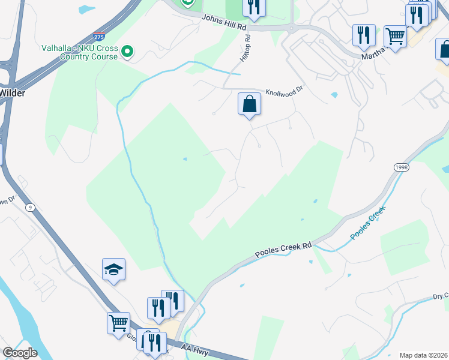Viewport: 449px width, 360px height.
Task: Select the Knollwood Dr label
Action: (286, 89)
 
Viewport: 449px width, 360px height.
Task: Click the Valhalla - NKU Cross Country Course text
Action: (79, 52)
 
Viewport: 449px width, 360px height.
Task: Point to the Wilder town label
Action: (11, 93)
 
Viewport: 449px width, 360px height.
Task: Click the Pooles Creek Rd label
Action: (283, 250)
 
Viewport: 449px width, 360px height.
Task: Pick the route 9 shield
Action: (29, 207)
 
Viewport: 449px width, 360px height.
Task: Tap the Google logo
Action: (20, 353)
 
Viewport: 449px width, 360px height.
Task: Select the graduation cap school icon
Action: (113, 270)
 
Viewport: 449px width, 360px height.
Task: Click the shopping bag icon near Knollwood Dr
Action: (249, 104)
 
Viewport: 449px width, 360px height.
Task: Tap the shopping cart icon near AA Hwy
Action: (119, 323)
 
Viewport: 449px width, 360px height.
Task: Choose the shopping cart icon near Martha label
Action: (395, 37)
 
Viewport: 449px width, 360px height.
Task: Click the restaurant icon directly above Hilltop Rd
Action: (254, 7)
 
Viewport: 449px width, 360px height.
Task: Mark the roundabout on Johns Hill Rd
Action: (291, 28)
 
